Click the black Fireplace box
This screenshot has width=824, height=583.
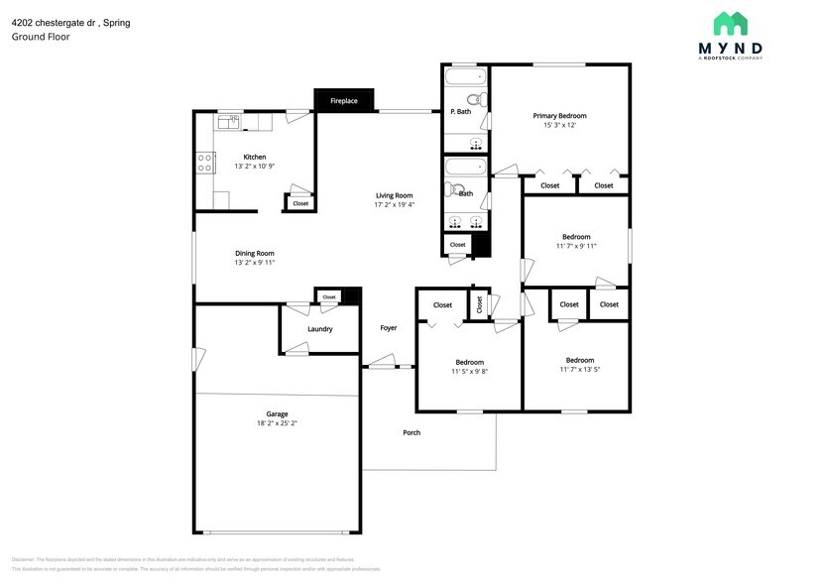coord(344,100)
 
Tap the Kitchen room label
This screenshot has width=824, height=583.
coord(255,157)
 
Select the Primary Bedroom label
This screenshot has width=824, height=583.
coord(559,116)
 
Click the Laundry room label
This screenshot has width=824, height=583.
coord(319,328)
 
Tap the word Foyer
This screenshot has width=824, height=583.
coord(388,327)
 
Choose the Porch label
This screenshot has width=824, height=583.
coord(412,432)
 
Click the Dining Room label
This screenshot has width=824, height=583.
coord(254,253)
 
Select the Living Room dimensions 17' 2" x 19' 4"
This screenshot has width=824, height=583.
coord(394,204)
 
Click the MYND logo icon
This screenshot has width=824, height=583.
coord(731,24)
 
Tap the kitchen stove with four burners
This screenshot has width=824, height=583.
coord(206,162)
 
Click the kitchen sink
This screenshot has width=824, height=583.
coord(229,120)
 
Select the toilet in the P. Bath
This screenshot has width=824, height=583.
coord(476,98)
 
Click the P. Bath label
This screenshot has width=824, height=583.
coord(460,112)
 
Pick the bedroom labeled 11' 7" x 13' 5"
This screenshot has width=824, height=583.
coord(580,364)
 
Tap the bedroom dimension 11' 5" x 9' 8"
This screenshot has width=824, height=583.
coord(469,371)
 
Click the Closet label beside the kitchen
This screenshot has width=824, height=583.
coord(300,203)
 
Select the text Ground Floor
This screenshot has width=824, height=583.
coord(40,37)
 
